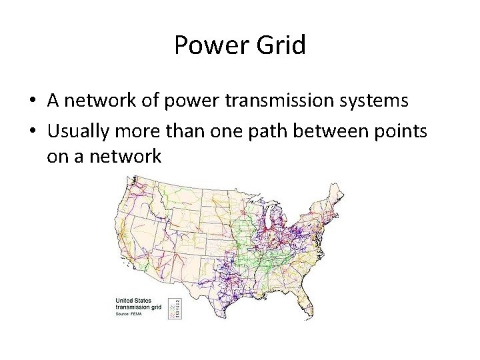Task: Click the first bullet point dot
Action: (x=32, y=101)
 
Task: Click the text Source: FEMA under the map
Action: (x=130, y=313)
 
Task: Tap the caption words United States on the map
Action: (x=133, y=301)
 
